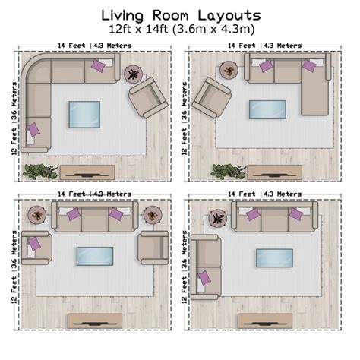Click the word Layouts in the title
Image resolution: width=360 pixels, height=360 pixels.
coord(223,15)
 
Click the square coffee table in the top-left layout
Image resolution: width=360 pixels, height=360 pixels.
coord(84,115)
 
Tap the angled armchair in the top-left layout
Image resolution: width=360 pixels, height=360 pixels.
coord(150,98)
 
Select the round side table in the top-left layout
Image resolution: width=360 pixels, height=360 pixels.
coord(134,74)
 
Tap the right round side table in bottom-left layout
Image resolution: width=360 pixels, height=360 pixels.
coord(154,215)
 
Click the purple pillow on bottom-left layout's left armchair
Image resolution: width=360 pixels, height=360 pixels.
coord(33,244)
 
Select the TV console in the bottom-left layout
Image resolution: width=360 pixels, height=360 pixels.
coord(94,320)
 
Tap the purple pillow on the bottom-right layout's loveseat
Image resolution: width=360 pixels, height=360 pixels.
coord(204,277)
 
